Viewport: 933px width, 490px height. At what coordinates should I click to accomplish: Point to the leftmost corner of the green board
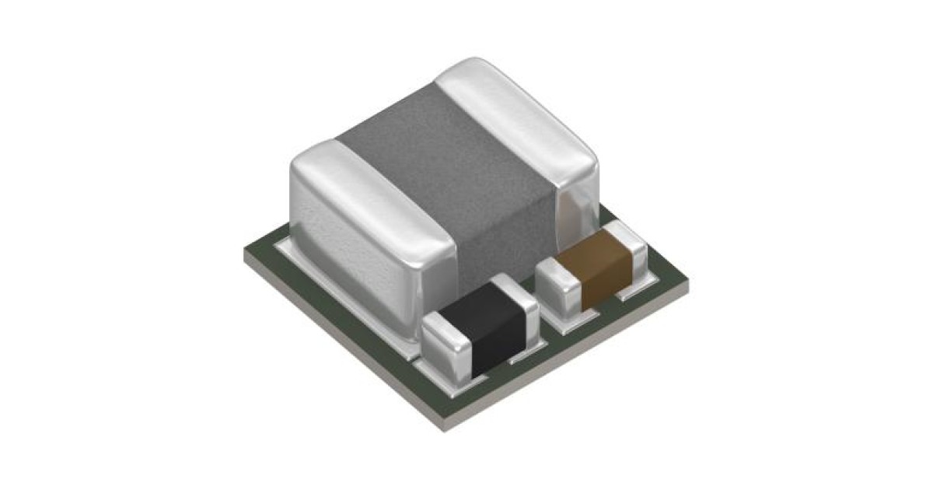click(247, 253)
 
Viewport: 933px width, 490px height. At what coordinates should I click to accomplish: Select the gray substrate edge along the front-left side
click(334, 342)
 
